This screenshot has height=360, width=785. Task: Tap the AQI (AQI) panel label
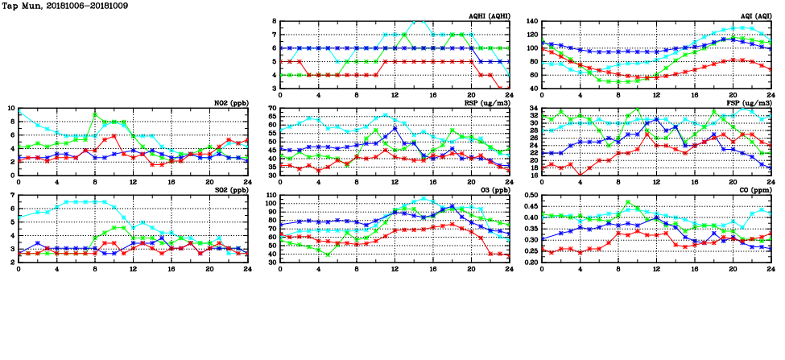[x=756, y=16]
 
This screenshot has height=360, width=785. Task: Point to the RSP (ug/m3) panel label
[x=488, y=103]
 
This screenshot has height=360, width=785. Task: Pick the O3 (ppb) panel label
[x=492, y=190]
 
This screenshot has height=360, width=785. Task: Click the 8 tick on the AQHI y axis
[x=275, y=22]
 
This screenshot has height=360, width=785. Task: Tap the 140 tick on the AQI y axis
[x=532, y=22]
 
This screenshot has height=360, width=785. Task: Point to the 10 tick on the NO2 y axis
[x=10, y=108]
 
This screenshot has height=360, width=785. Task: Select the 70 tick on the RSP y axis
[x=273, y=108]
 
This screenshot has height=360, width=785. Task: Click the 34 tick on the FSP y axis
[x=534, y=108]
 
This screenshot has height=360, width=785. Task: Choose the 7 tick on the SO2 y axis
[x=12, y=196]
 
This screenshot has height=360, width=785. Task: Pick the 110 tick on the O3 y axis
[x=271, y=196]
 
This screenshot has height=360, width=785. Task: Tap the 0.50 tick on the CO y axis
[x=531, y=196]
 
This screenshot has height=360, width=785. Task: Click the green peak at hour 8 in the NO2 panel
[x=95, y=114]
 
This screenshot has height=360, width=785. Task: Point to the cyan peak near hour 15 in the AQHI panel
[x=418, y=21]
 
